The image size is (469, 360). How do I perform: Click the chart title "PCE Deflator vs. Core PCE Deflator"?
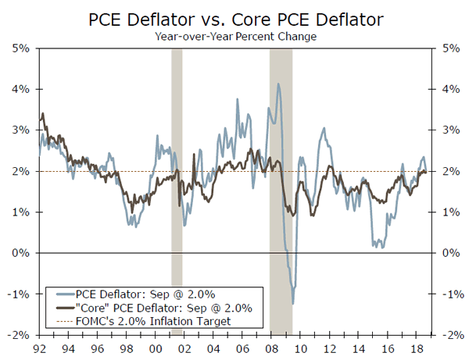234,17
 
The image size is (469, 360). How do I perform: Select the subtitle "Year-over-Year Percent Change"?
234,35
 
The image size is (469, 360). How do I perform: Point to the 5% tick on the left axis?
20,48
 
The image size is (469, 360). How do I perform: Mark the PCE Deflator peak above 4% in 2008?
278,84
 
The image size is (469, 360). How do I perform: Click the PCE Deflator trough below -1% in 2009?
293,303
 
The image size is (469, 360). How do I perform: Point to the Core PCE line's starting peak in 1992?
42,115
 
